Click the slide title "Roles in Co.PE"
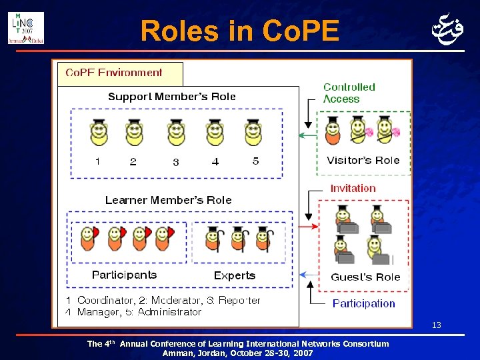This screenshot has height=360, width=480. (240, 30)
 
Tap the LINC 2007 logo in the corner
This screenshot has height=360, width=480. (26, 27)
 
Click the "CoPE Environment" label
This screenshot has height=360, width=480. (113, 72)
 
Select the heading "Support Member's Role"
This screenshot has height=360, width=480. (172, 97)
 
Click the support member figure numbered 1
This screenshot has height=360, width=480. (99, 133)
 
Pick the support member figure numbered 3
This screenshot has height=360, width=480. (176, 133)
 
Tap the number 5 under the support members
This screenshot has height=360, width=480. (255, 161)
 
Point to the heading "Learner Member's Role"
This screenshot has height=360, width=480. (169, 200)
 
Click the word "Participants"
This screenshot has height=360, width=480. (124, 275)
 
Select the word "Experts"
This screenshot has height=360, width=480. (235, 275)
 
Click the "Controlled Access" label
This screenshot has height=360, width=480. (349, 93)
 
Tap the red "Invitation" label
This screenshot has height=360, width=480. (353, 188)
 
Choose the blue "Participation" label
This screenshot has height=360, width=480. (363, 303)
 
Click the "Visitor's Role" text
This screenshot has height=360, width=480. (363, 160)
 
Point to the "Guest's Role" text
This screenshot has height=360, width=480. (365, 277)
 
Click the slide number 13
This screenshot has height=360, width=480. (437, 325)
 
